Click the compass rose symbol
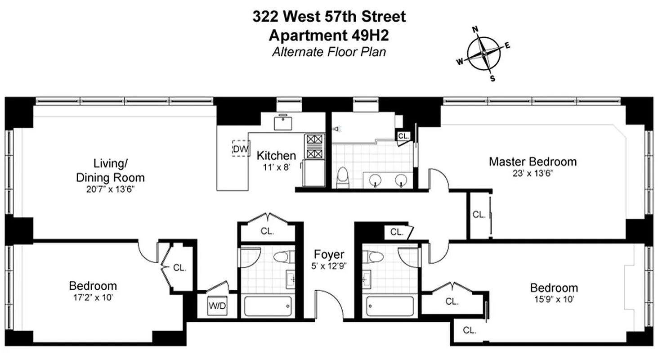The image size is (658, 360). pos(484,54)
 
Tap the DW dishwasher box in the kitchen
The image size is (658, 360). pos(241,148)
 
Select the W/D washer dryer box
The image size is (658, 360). pos(217,307)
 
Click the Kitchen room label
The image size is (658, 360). pos(276,156)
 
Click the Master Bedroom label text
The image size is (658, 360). pos(533,161)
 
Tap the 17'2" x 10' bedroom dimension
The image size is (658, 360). pos(93,297)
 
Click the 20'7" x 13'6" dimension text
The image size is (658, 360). pos(110,189)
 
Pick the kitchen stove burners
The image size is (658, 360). pos(315,146)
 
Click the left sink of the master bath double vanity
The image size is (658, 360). pos(375,180)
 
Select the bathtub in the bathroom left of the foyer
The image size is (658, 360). pos(267,307)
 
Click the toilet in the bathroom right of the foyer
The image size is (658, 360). pos(374,257)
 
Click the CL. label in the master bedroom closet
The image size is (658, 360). pos(479,215)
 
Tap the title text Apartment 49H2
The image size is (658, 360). pos(329,35)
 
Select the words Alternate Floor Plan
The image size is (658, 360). pos(329,52)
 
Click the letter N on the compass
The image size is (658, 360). pos(474,30)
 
